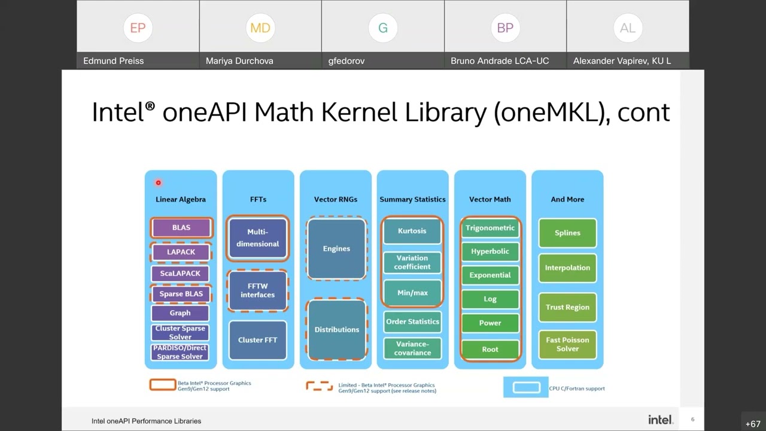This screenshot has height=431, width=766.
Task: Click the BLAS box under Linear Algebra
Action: tap(181, 227)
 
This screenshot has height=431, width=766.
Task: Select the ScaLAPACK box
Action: tap(180, 274)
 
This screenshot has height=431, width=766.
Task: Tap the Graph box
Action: tap(180, 313)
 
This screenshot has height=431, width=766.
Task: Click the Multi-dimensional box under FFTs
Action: tap(257, 238)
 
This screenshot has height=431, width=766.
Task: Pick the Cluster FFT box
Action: tap(257, 340)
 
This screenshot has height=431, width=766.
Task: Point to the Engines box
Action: tap(336, 248)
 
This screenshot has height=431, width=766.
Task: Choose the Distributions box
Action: tap(336, 329)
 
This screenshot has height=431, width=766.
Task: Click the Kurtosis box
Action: tap(412, 231)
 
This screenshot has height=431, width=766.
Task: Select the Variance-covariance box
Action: tap(412, 348)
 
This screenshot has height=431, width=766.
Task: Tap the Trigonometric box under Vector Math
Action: tap(490, 228)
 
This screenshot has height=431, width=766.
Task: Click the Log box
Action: tap(490, 299)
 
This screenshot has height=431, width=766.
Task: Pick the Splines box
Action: tap(567, 233)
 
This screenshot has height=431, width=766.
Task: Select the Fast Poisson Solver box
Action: tap(567, 344)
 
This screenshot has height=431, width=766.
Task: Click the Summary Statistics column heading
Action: tap(412, 199)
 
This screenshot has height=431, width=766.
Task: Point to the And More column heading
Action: tap(567, 199)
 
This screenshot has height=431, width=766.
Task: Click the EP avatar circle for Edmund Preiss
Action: tap(138, 28)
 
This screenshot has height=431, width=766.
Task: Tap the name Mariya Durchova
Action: tap(239, 61)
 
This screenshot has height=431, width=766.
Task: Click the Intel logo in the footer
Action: tap(660, 420)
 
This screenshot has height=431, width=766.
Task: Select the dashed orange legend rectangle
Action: tap(320, 386)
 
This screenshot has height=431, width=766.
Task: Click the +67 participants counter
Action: tap(753, 424)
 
